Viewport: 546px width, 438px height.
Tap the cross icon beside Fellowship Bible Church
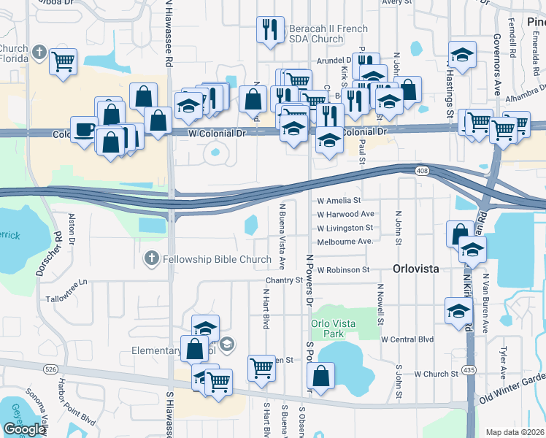pos(151,258)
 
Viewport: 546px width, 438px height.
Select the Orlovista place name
pos(416,269)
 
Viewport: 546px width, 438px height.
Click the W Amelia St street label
pos(339,200)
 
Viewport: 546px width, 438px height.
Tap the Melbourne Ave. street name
pos(345,241)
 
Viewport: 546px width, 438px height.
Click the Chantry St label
pos(284,280)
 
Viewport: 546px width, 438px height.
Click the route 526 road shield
pos(50,369)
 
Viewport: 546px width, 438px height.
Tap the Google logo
pos(24,429)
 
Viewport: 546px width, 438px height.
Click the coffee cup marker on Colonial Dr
pos(84,130)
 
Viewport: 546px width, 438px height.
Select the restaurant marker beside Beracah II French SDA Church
pos(270,30)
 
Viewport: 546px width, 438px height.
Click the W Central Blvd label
pos(407,339)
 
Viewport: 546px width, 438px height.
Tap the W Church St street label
pos(436,374)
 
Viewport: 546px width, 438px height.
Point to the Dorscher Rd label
pos(49,253)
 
